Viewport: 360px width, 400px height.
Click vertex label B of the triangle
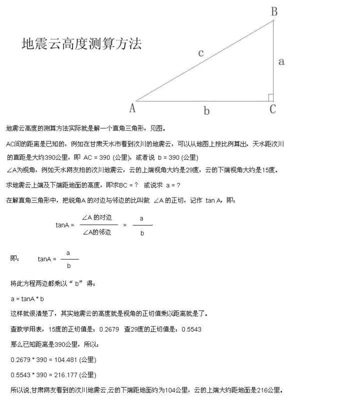pos(274,11)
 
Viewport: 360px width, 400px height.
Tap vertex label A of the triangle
pos(132,107)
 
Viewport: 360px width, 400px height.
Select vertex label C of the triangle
pos(272,109)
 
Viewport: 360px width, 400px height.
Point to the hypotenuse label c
pos(200,53)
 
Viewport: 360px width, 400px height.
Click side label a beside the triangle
pos(281,61)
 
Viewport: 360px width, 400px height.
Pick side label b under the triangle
pos(206,111)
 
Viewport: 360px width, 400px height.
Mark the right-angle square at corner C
pos(270,97)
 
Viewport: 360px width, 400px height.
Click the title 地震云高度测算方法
pos(81,44)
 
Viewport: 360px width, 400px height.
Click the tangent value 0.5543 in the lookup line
pos(191,329)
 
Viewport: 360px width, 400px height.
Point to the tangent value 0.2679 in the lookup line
pos(109,329)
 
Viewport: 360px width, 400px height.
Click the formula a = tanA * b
pos(27,299)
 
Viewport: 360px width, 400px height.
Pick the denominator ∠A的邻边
pos(96,232)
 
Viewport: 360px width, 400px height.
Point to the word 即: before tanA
pos(15,258)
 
